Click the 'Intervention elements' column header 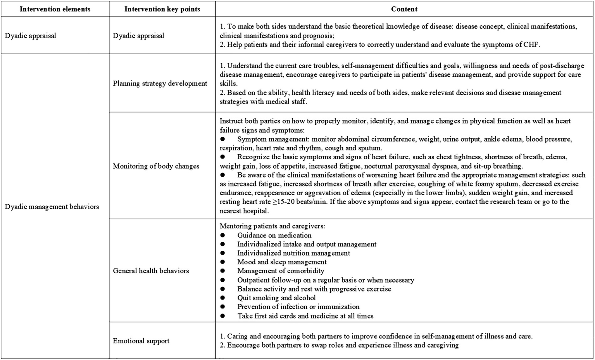click(x=55, y=9)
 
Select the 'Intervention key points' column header click(x=162, y=9)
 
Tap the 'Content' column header click(x=404, y=9)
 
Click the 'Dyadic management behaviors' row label click(x=52, y=207)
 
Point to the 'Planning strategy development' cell click(x=160, y=83)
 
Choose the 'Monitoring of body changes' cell click(x=156, y=166)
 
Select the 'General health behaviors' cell click(x=151, y=270)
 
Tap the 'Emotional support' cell click(x=141, y=341)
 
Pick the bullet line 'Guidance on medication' click(x=274, y=235)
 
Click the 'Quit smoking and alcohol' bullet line click(x=276, y=298)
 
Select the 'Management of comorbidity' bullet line click(x=281, y=271)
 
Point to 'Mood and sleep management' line click(x=282, y=262)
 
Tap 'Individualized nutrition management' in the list click(x=293, y=253)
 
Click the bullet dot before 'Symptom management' click(x=222, y=139)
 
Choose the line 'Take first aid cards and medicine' click(x=305, y=316)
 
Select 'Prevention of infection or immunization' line click(x=298, y=307)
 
